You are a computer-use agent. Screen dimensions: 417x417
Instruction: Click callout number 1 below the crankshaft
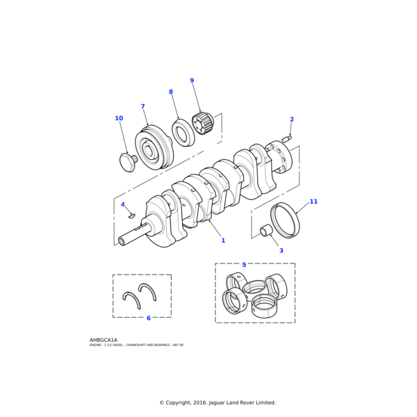[x=223, y=240]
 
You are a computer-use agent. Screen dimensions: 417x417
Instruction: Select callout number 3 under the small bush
[x=281, y=250]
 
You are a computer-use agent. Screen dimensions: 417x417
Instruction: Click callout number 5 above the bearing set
[x=244, y=265]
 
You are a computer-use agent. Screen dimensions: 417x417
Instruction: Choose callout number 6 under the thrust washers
[x=148, y=318]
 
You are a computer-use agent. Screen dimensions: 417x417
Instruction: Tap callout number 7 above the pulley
[x=142, y=107]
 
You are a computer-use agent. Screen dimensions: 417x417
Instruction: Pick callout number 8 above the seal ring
[x=171, y=92]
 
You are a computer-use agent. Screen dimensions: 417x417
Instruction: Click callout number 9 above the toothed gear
[x=192, y=81]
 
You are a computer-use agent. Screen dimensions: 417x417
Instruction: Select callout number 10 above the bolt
[x=119, y=118]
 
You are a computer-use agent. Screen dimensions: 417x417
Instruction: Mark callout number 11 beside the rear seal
[x=313, y=202]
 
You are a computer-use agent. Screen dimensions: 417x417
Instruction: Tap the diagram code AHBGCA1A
[x=104, y=340]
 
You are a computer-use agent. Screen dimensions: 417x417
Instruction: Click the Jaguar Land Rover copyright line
[x=218, y=402]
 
